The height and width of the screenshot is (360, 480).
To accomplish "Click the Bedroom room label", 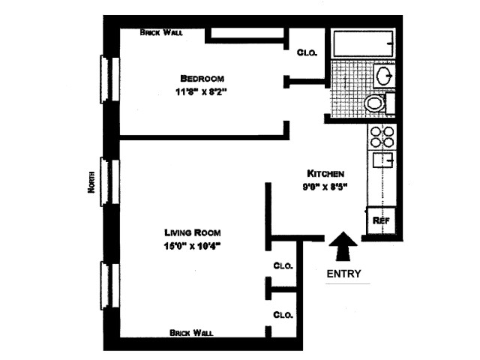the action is coord(202,78).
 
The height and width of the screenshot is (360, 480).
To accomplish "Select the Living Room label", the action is coord(193,232).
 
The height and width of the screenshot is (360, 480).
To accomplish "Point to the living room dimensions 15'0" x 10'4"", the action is coord(193,245).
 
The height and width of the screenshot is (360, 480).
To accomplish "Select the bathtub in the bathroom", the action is coord(363,44).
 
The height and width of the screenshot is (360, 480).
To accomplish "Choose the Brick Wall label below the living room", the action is coord(191,332).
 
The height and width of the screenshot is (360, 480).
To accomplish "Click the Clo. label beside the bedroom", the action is coord(307,52).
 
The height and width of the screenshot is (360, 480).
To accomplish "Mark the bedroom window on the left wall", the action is coord(105,77).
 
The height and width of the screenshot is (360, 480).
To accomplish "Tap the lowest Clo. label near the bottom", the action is coord(283,314).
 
